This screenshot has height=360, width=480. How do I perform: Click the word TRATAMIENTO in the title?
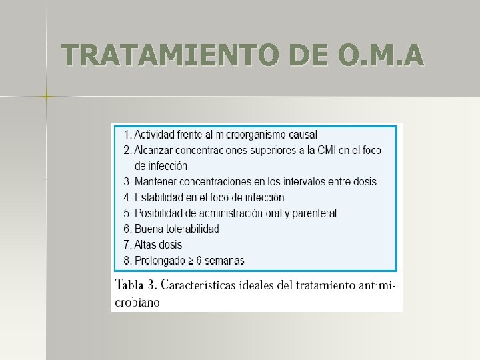pyautogui.click(x=157, y=55)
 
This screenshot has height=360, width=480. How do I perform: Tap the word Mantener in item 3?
pyautogui.click(x=156, y=181)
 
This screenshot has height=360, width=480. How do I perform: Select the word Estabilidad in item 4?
pyautogui.click(x=161, y=197)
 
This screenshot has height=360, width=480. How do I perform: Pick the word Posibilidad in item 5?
pyautogui.click(x=161, y=213)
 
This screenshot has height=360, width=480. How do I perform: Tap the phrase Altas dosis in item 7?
pyautogui.click(x=158, y=245)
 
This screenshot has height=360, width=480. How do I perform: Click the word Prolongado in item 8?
pyautogui.click(x=161, y=261)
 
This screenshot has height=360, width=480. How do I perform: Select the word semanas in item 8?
pyautogui.click(x=225, y=261)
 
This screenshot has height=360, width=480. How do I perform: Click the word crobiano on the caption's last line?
pyautogui.click(x=138, y=302)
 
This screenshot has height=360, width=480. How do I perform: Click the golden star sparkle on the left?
pyautogui.click(x=47, y=97)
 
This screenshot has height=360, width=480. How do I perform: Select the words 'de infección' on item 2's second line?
pyautogui.click(x=161, y=166)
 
